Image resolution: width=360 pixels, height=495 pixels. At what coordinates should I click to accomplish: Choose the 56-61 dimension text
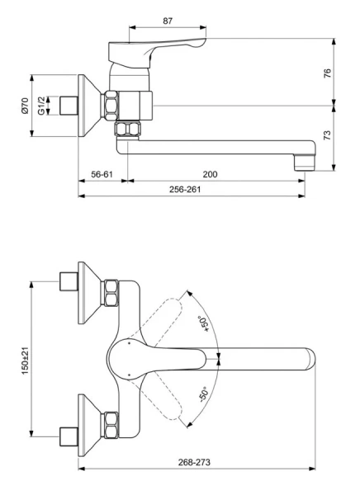click(x=102, y=175)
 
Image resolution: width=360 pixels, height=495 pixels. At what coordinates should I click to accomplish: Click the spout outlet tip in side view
click(x=306, y=160)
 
